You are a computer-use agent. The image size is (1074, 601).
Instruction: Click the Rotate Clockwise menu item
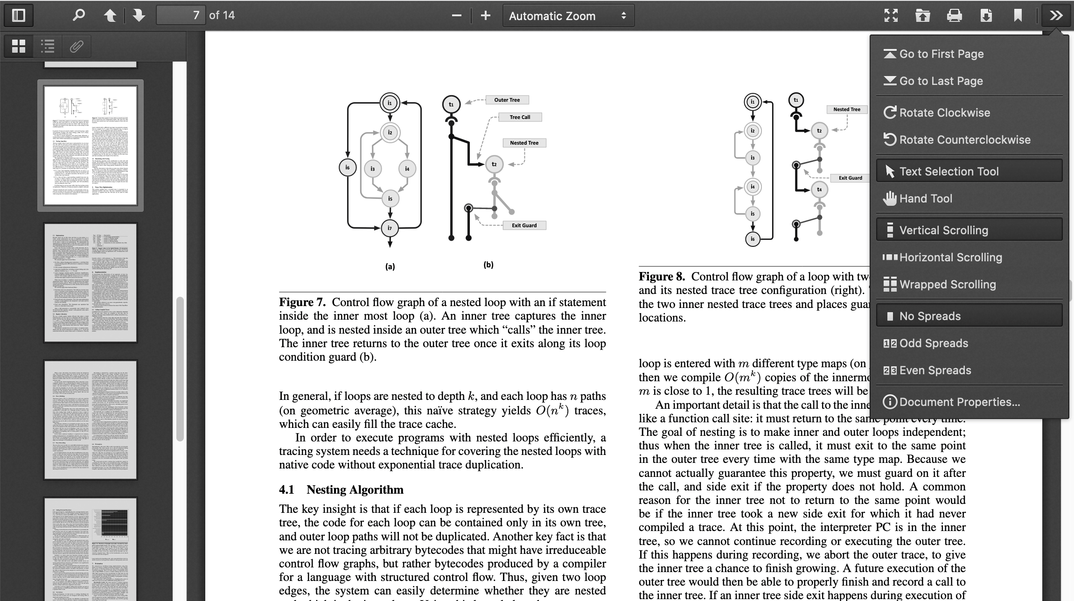pyautogui.click(x=944, y=112)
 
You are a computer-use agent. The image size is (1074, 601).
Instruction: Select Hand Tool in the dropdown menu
pyautogui.click(x=926, y=198)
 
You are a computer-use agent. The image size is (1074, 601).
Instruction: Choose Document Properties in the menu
pyautogui.click(x=959, y=402)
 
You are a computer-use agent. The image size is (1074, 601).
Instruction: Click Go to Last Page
pyautogui.click(x=941, y=81)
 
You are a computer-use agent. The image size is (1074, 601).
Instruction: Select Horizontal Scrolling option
pyautogui.click(x=950, y=257)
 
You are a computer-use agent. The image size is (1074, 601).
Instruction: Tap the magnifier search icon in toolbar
pyautogui.click(x=79, y=15)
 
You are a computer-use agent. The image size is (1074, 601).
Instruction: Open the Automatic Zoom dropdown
pyautogui.click(x=568, y=16)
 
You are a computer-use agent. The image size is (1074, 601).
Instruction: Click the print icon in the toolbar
pyautogui.click(x=954, y=15)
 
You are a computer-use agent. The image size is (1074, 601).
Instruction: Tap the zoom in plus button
pyautogui.click(x=486, y=15)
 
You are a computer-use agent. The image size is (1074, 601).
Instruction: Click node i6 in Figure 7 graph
pyautogui.click(x=348, y=168)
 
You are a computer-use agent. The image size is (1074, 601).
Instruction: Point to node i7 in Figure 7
pyautogui.click(x=390, y=228)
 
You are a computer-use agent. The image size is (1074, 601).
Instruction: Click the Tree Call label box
pyautogui.click(x=520, y=117)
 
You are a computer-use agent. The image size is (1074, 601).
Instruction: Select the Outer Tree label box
pyautogui.click(x=507, y=100)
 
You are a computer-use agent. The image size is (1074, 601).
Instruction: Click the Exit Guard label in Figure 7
pyautogui.click(x=524, y=225)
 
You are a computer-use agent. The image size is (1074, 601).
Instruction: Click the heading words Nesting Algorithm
pyautogui.click(x=355, y=489)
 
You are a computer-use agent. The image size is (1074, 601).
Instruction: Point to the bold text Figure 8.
pyautogui.click(x=662, y=276)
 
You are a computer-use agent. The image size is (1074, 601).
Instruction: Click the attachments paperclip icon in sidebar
pyautogui.click(x=77, y=46)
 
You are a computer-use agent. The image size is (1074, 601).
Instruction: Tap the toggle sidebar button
pyautogui.click(x=19, y=15)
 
